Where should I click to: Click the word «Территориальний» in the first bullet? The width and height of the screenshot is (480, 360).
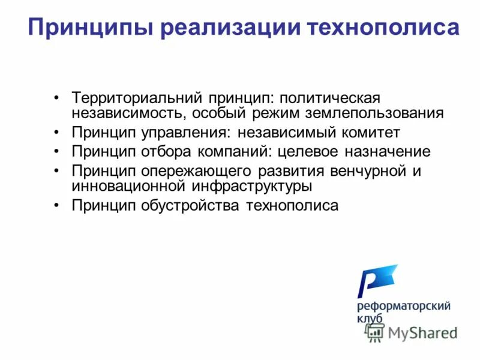137,97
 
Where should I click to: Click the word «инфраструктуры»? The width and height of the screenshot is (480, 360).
251,186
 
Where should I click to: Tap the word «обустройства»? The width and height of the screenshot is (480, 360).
190,206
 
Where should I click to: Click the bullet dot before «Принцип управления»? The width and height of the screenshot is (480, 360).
56,132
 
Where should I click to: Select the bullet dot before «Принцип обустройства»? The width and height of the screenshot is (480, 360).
56,206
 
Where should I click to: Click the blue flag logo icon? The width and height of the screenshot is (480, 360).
376,281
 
